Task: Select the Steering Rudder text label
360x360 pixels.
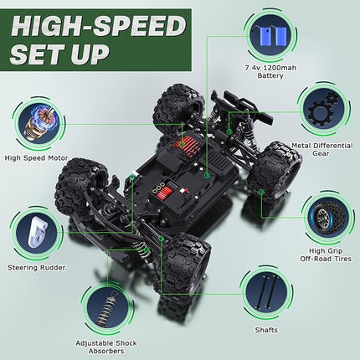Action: [x=35, y=269]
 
